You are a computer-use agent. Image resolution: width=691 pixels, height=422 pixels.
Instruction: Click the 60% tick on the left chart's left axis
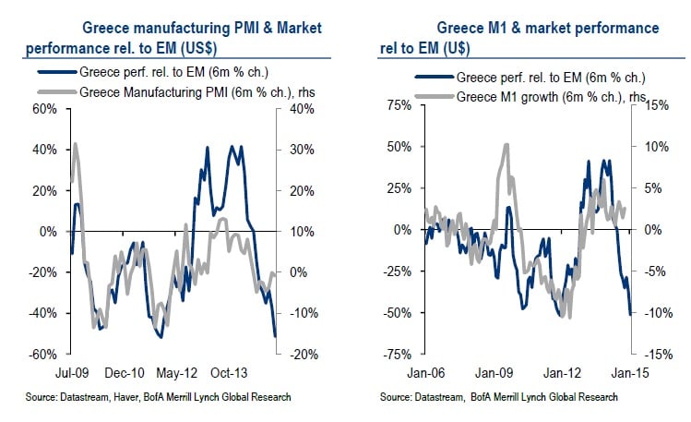[x=42, y=109]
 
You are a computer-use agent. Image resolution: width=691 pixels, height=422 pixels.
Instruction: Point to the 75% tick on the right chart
[x=398, y=106]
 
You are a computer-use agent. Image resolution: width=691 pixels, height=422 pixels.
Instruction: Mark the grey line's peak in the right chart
[x=506, y=144]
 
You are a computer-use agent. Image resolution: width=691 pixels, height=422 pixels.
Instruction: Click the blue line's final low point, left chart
[x=275, y=337]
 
